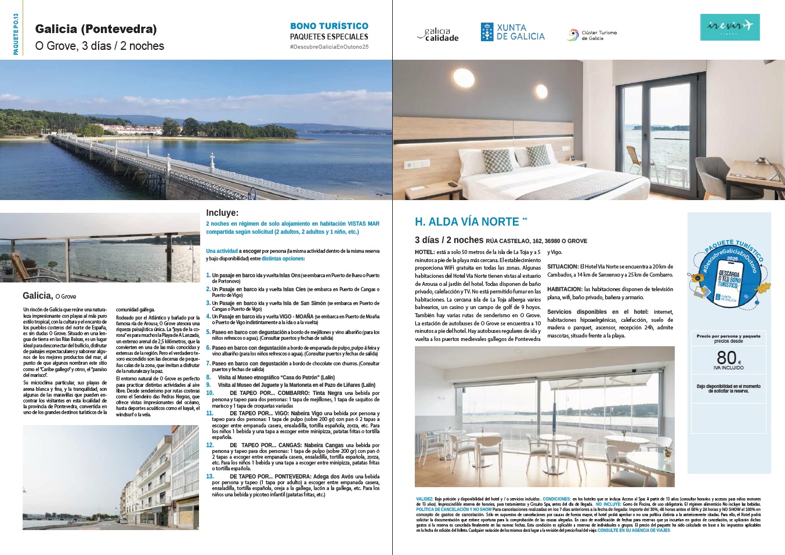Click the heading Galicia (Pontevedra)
tap(96, 29)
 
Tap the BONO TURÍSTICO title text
tap(329, 26)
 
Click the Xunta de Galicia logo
tap(512, 32)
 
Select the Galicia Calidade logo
tap(438, 35)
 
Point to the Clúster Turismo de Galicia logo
tap(592, 35)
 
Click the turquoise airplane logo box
tap(729, 27)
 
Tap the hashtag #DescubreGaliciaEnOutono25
tap(329, 46)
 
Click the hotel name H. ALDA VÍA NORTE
tap(467, 222)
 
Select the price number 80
tap(726, 357)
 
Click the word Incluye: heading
tap(222, 213)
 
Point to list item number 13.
tap(210, 476)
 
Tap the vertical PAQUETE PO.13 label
tap(16, 34)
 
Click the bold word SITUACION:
tap(562, 267)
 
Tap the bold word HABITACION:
tap(565, 289)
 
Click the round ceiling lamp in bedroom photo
tap(463, 77)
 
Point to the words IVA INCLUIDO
tap(728, 368)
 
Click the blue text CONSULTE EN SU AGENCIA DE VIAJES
tap(634, 530)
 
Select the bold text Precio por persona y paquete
tap(728, 336)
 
